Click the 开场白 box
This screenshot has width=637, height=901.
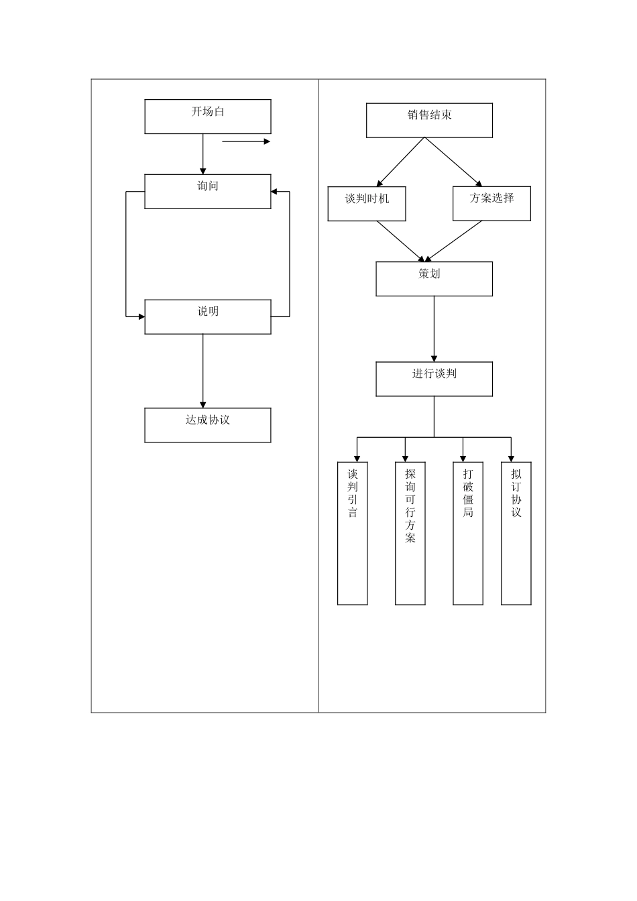[x=208, y=117]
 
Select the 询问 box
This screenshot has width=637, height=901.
[x=208, y=191]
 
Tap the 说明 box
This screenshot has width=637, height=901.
[x=208, y=316]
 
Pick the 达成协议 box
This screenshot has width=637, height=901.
[x=208, y=425]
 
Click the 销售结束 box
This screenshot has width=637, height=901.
[x=429, y=121]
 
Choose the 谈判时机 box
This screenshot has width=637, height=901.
[x=367, y=204]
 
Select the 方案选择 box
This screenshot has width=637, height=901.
[x=491, y=204]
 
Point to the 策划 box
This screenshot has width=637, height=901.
[x=434, y=279]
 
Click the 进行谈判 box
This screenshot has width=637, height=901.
[x=434, y=379]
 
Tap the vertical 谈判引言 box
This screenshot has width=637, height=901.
[x=353, y=533]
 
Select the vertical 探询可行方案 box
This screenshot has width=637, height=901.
[x=410, y=533]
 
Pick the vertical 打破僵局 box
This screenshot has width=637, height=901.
[x=468, y=533]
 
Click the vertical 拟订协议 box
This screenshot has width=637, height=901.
[x=516, y=533]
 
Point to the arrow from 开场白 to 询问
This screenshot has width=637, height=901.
[x=203, y=154]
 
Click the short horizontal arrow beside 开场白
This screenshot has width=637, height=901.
[x=245, y=141]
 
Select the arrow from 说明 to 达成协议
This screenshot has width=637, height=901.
[x=203, y=371]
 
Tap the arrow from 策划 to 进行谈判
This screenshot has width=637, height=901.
[x=434, y=328]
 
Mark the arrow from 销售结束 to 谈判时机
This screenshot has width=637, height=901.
[x=400, y=162]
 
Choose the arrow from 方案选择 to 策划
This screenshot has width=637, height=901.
[x=454, y=241]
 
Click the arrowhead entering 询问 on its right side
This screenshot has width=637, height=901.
[x=274, y=192]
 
